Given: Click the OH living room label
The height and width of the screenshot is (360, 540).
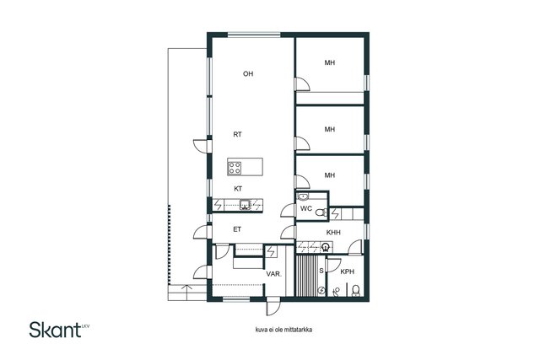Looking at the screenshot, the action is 248,73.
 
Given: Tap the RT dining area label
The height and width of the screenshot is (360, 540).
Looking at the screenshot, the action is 237,135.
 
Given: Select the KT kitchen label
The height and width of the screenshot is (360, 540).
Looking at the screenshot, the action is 238,189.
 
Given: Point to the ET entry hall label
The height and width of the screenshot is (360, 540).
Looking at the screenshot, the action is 237,229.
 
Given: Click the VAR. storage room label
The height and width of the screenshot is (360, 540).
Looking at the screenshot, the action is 273,274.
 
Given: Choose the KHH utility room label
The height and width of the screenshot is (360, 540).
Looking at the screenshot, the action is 333,233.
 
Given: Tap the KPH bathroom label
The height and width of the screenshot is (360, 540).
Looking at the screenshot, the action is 347,271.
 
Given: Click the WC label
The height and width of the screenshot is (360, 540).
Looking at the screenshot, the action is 306,208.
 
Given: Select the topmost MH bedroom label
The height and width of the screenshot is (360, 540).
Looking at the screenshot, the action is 330,62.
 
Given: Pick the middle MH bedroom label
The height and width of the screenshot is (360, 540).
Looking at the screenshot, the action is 330,129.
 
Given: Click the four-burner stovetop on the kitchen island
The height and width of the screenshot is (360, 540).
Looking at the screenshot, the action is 235,168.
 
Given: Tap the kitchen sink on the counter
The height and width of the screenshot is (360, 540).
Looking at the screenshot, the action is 246,204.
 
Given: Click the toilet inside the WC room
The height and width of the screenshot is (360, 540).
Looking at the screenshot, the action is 321,212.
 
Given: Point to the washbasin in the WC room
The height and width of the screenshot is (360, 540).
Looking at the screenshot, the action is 303,196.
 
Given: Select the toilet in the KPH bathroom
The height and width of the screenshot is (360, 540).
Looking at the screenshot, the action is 356,291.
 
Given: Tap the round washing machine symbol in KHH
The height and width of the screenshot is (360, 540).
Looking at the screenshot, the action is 325,246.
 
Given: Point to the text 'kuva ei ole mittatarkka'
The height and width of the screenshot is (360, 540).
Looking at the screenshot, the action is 283,330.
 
